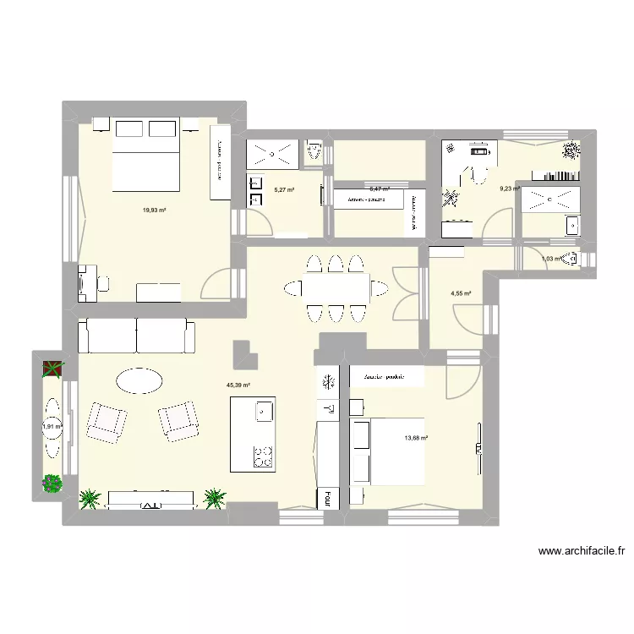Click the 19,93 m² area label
pyautogui.click(x=154, y=209)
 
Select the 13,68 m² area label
pyautogui.click(x=416, y=438)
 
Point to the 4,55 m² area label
pyautogui.click(x=461, y=294)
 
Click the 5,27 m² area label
pyautogui.click(x=283, y=190)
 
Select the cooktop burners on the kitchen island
pyautogui.click(x=262, y=456)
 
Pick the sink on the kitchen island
pyautogui.click(x=263, y=412)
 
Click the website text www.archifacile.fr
pyautogui.click(x=582, y=551)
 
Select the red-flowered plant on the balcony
pyautogui.click(x=53, y=369)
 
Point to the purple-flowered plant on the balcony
pyautogui.click(x=53, y=484)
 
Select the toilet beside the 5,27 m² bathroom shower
pyautogui.click(x=314, y=152)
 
